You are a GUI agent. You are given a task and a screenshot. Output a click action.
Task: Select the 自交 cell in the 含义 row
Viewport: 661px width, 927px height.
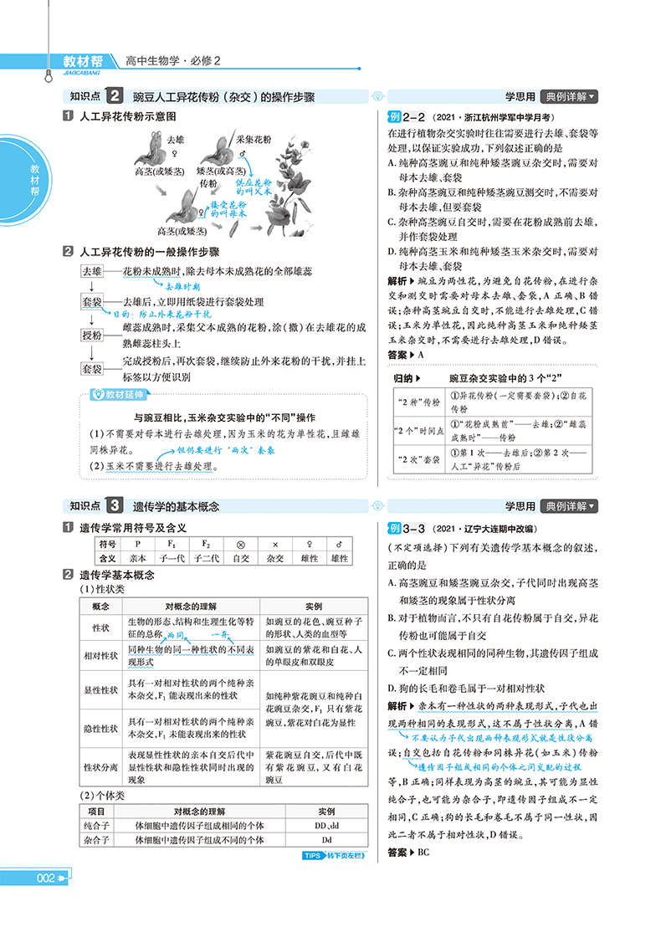(x=241, y=558)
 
